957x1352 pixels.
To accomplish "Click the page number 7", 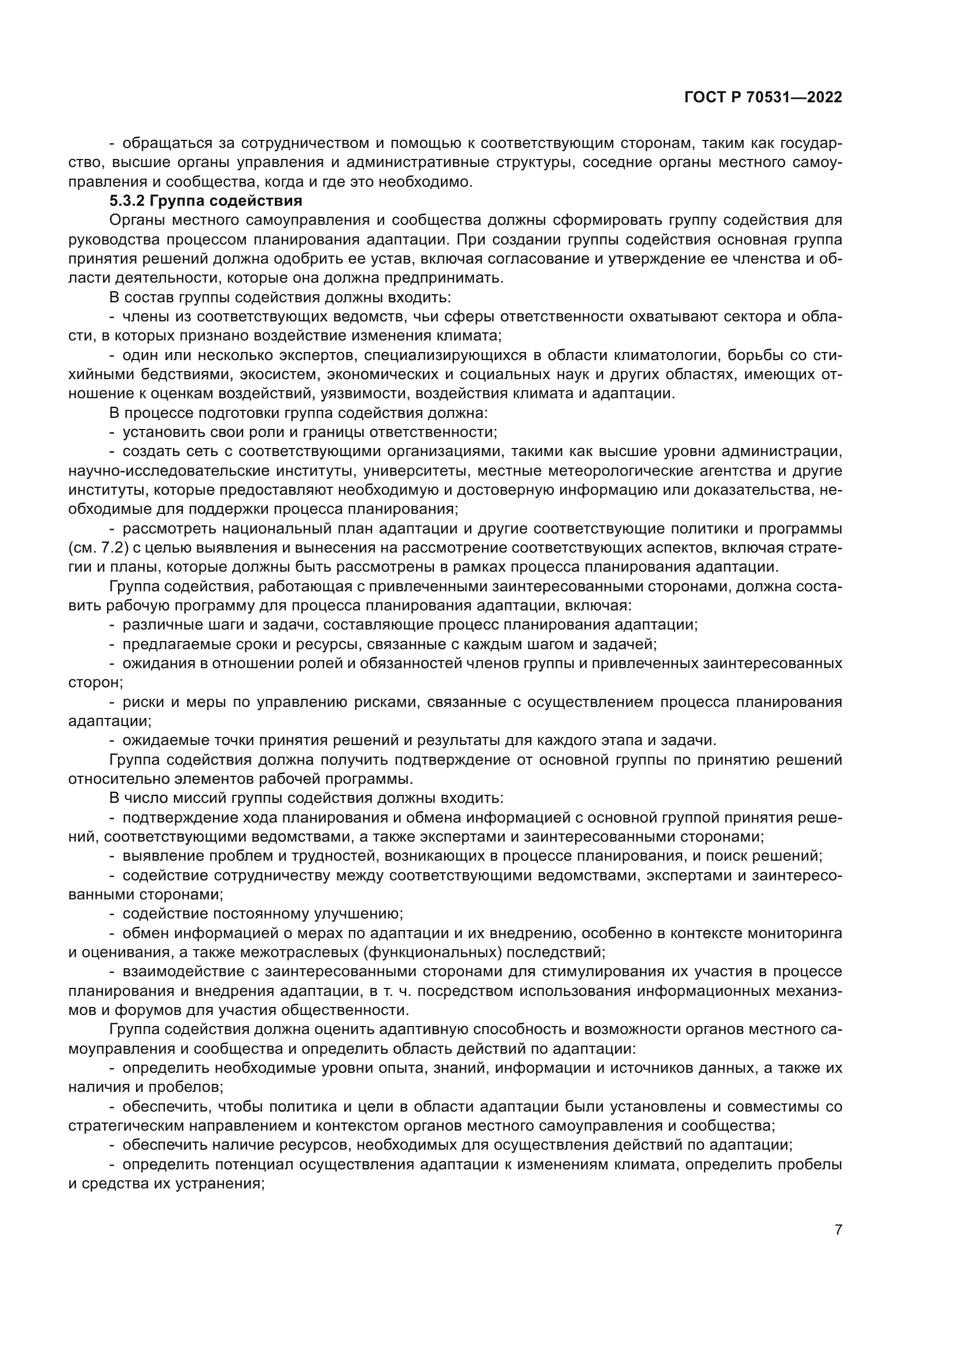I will click(838, 1229).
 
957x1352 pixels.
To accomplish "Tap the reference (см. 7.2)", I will click(98, 548).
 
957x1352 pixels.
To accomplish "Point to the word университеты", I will click(415, 471).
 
